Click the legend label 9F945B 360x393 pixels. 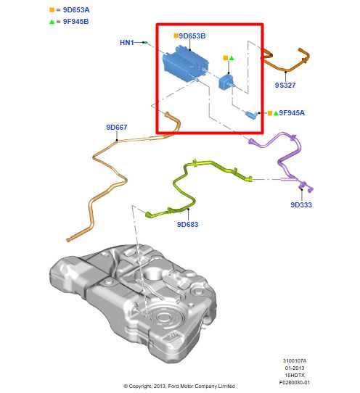click(75, 22)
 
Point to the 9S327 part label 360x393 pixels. click(285, 85)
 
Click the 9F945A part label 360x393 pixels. click(292, 113)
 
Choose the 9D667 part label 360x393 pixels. click(116, 128)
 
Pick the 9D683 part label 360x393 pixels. click(187, 225)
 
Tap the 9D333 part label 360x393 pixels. click(300, 205)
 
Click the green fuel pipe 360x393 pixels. click(192, 181)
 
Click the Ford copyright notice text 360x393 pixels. click(179, 386)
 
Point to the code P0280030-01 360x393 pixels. click(295, 382)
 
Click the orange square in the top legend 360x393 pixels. click(52, 10)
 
